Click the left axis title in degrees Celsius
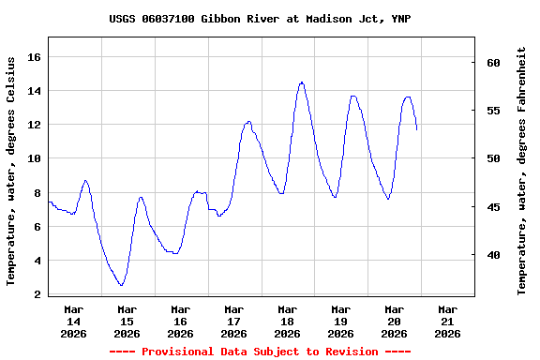11,170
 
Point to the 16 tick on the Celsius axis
35,57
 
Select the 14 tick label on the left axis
35,91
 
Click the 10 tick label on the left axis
35,158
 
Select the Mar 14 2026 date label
73,321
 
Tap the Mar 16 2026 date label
180,321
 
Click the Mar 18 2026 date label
287,321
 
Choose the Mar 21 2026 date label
447,321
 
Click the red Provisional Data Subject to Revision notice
260,352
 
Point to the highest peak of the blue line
302,82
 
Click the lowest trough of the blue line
121,285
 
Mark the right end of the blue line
417,129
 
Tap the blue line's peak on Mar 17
248,121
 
